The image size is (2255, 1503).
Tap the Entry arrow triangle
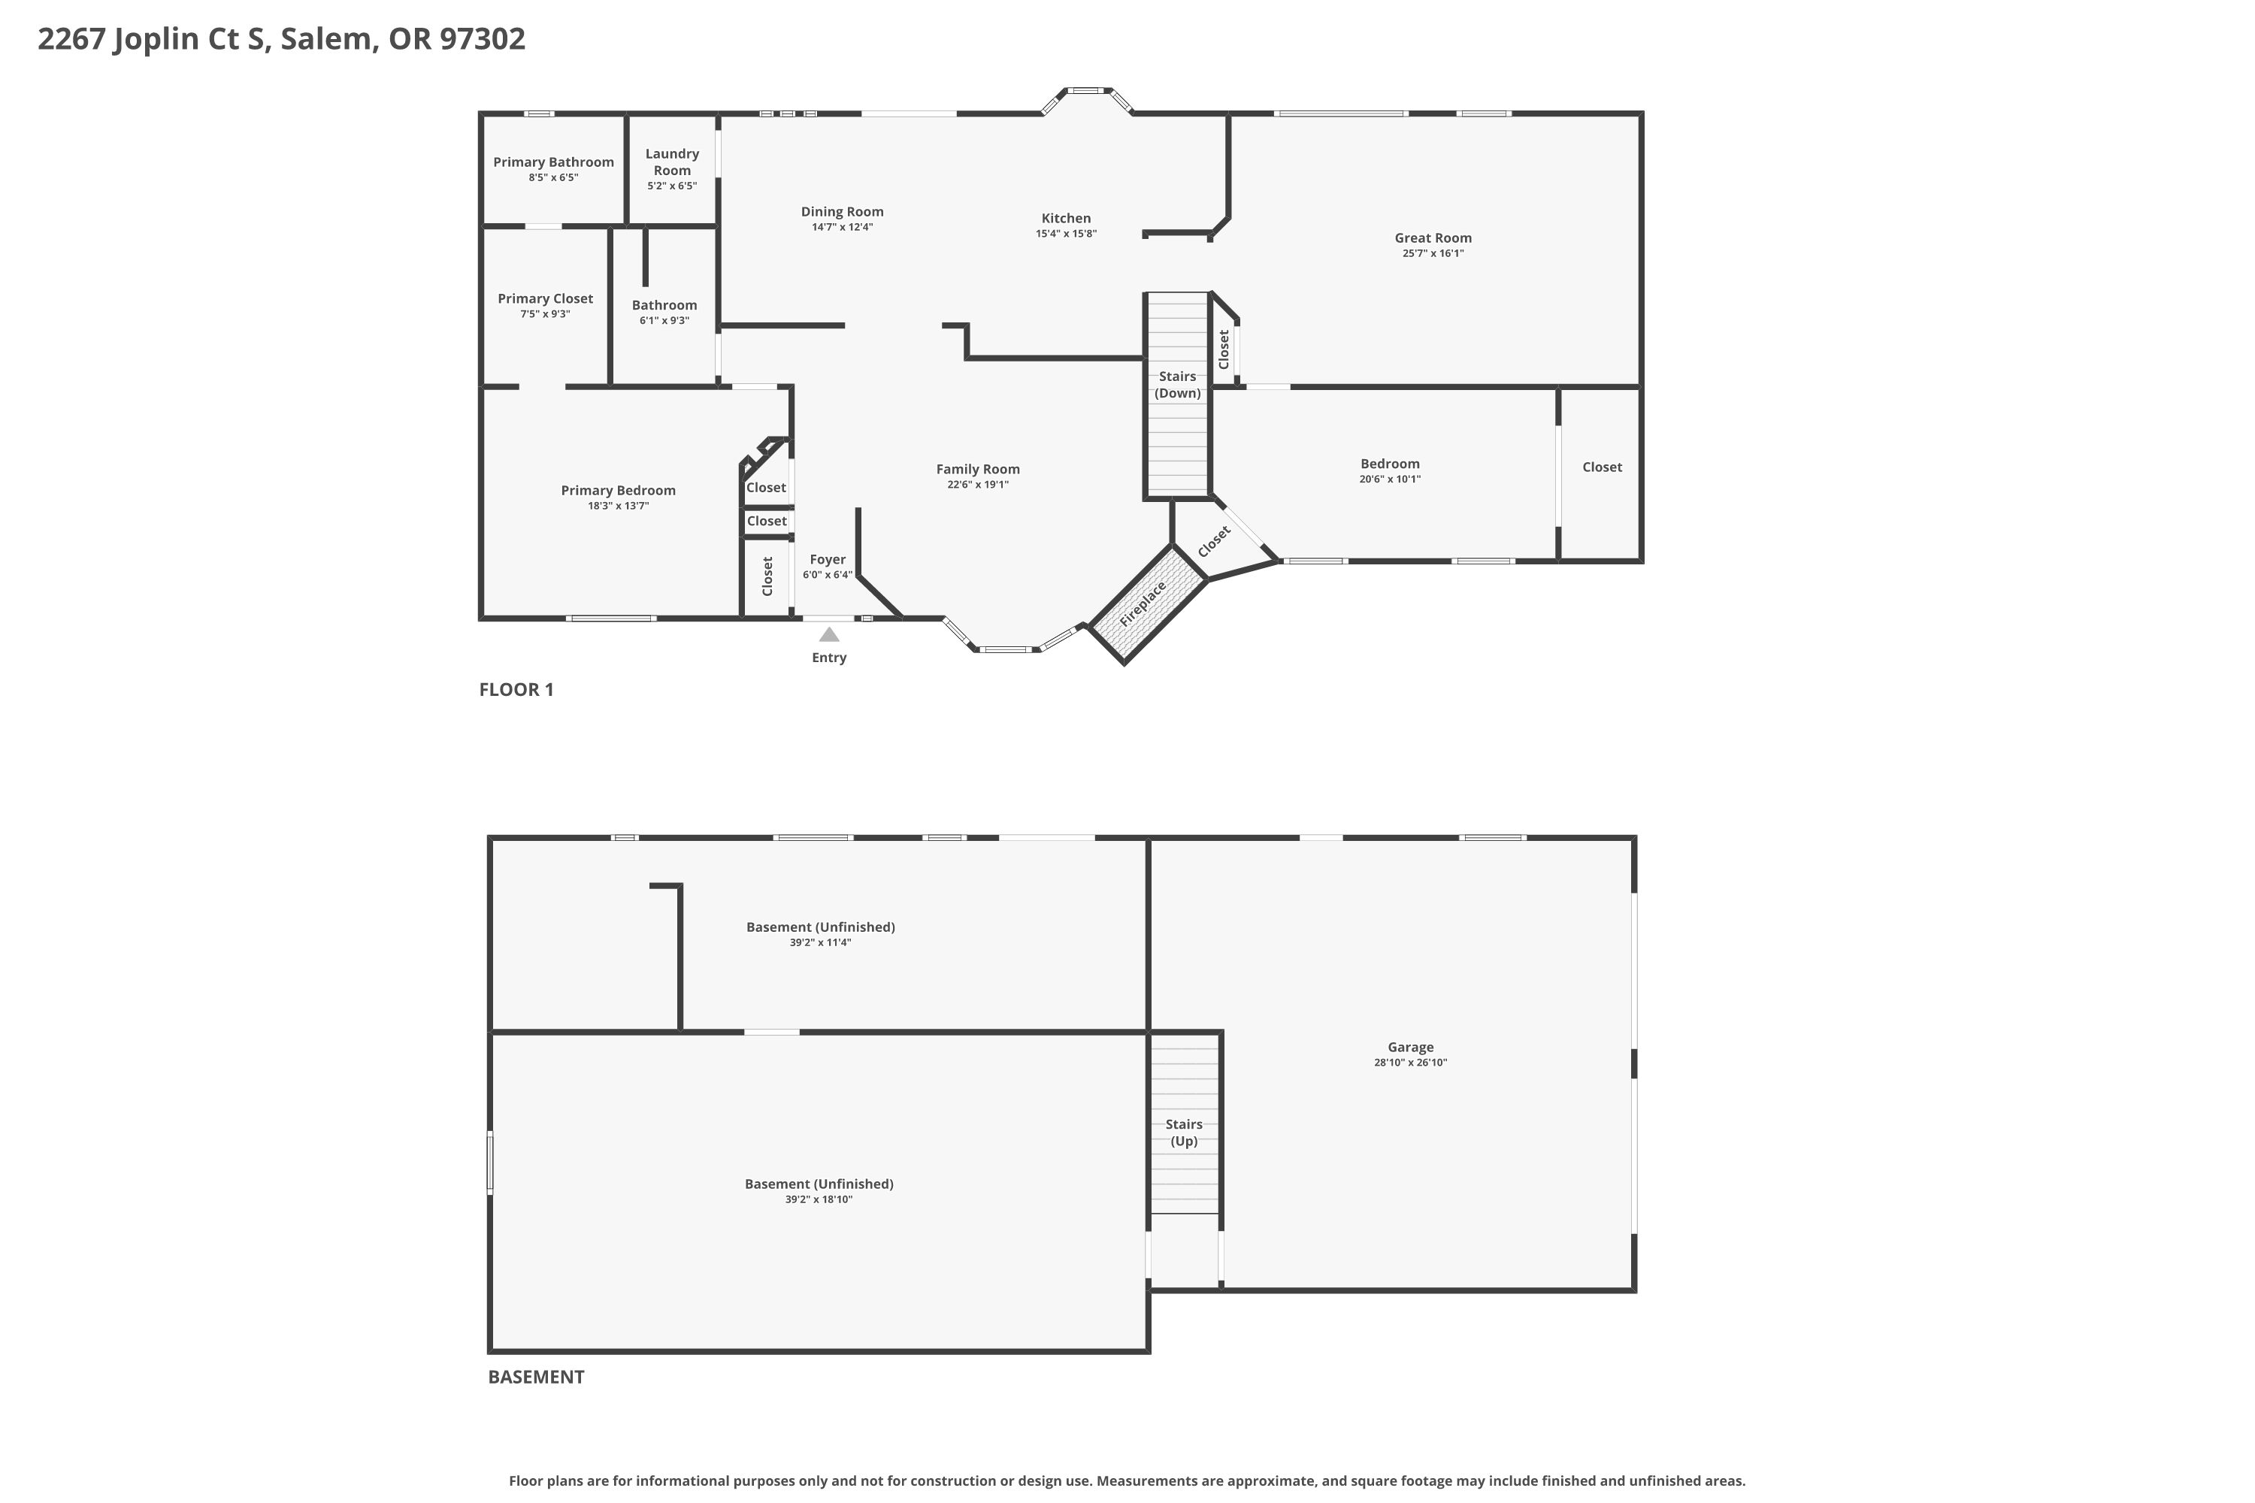[829, 634]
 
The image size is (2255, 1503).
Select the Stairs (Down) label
[1177, 384]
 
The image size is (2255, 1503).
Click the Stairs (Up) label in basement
[1184, 1132]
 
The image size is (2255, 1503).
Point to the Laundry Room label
[672, 162]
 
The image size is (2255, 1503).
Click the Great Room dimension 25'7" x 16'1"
[1433, 254]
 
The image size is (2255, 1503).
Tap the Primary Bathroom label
[553, 162]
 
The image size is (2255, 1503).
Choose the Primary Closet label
[546, 299]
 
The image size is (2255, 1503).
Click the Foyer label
[828, 560]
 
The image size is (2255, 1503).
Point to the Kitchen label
[1066, 219]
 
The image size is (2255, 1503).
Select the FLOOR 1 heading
[517, 690]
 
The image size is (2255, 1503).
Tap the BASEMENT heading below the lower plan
[536, 1377]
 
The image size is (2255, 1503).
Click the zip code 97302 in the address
[483, 39]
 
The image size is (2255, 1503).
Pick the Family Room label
[978, 470]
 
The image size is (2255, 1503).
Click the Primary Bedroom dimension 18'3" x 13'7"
[619, 506]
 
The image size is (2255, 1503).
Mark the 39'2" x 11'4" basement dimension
[821, 943]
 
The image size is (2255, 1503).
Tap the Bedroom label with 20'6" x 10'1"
[1390, 464]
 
